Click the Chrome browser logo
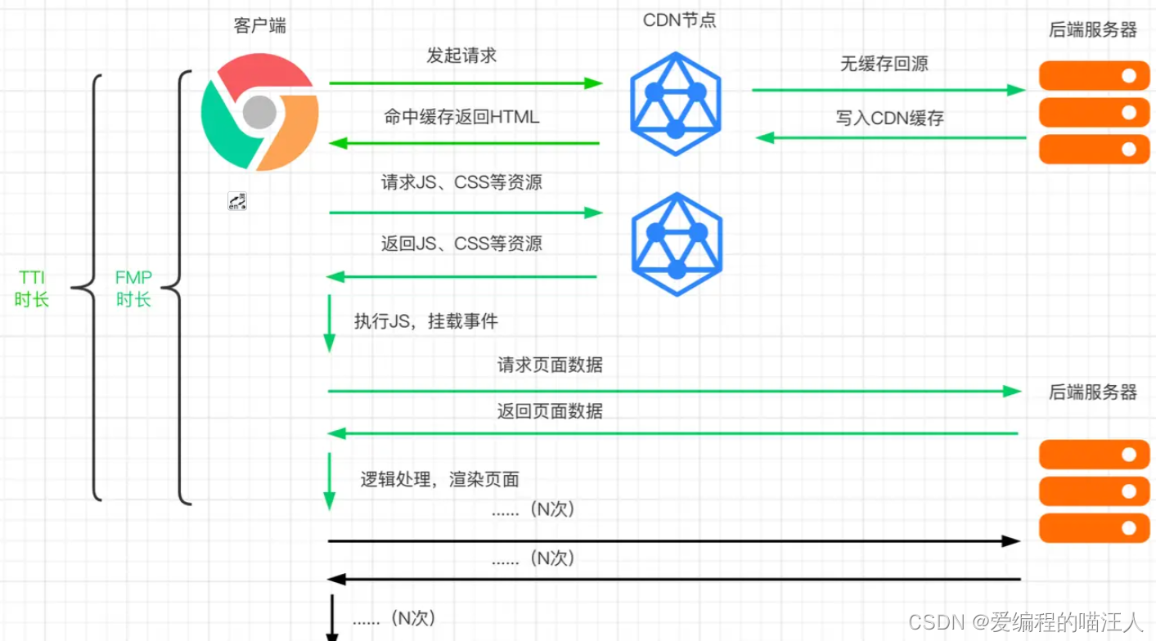[x=259, y=112]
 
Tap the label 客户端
[x=260, y=25]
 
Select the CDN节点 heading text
[x=679, y=20]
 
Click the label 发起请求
[x=461, y=56]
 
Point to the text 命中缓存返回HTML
[x=461, y=117]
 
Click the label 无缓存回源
[x=884, y=64]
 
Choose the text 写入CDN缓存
[x=890, y=118]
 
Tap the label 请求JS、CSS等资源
[x=461, y=182]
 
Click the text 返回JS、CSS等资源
[x=461, y=243]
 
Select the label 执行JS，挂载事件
[x=425, y=321]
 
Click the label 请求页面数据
[x=550, y=365]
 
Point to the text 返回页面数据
[x=550, y=410]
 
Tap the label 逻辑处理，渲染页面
[x=440, y=479]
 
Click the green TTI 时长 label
[x=32, y=289]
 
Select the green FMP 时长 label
[x=133, y=289]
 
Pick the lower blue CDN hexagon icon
[x=676, y=244]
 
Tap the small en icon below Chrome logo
[x=237, y=201]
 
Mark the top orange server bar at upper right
[x=1094, y=75]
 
